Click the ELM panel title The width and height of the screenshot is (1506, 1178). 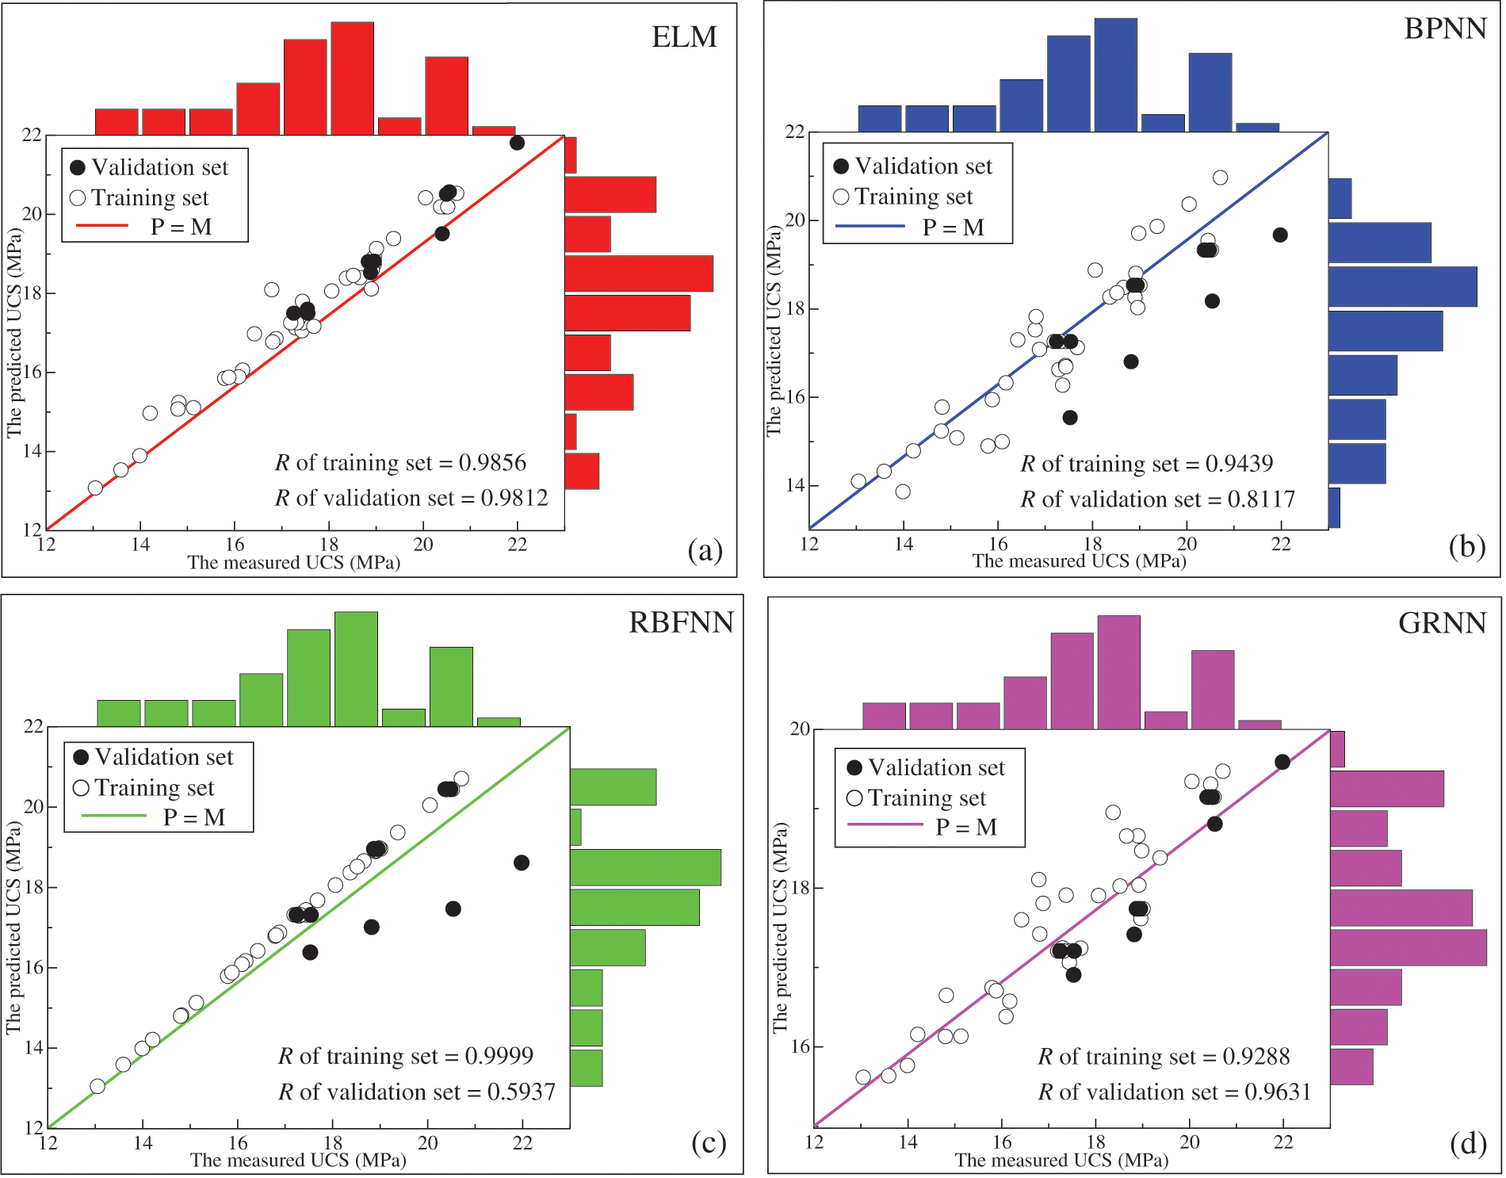click(684, 37)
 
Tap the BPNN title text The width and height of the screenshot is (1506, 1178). click(1445, 29)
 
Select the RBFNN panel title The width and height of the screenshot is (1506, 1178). click(681, 623)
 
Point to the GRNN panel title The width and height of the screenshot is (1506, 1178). click(1442, 623)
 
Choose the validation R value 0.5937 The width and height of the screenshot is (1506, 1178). click(521, 1092)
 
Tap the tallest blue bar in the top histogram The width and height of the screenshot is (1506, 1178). click(1115, 75)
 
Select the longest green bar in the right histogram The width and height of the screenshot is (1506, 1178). click(645, 867)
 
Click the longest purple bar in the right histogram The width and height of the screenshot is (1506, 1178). click(1409, 947)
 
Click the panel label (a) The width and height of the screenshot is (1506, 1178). click(705, 550)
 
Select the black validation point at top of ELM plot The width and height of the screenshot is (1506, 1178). click(517, 143)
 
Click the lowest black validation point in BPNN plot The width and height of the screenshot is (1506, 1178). click(1070, 418)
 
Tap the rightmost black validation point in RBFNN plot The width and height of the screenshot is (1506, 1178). click(521, 862)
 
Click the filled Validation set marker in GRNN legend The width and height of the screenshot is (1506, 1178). click(854, 767)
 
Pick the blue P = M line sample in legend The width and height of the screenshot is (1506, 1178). click(870, 227)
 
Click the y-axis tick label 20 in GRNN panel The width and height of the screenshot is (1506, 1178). click(800, 729)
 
